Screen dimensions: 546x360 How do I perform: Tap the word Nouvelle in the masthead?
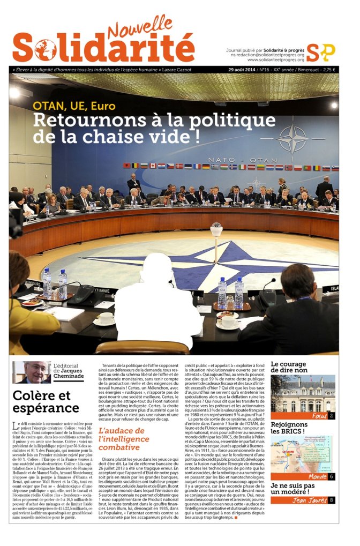(136, 27)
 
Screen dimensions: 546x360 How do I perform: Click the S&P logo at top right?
(321, 52)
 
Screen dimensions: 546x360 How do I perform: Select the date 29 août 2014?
(243, 70)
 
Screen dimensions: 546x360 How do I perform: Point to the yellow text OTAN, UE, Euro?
(74, 106)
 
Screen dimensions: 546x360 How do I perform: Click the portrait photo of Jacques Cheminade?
(32, 372)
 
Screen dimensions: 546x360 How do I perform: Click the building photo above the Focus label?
(303, 393)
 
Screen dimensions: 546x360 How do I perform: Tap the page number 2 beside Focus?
(332, 416)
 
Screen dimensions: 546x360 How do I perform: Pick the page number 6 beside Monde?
(332, 476)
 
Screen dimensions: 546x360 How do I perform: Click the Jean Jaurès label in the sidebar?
(307, 500)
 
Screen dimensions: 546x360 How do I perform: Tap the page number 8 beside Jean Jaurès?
(332, 500)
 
